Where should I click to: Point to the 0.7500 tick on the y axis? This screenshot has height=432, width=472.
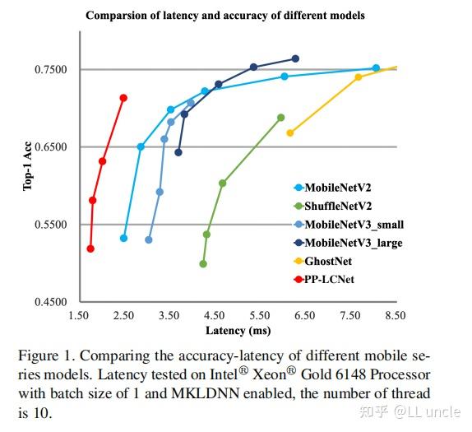pyautogui.click(x=52, y=70)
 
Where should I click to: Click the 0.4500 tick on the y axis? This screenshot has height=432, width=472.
pyautogui.click(x=52, y=302)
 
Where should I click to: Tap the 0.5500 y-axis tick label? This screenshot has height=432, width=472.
pyautogui.click(x=52, y=225)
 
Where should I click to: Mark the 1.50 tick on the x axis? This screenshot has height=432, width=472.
pyautogui.click(x=78, y=315)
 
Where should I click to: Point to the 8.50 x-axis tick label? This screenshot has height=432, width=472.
pyautogui.click(x=396, y=315)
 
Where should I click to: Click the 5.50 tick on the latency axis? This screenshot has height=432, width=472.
pyautogui.click(x=260, y=315)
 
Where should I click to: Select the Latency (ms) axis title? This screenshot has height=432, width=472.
pyautogui.click(x=237, y=330)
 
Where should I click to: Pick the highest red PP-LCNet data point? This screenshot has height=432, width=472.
pyautogui.click(x=123, y=98)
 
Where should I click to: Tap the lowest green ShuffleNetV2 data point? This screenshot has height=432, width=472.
pyautogui.click(x=203, y=264)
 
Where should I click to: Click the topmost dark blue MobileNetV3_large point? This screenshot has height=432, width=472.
pyautogui.click(x=295, y=58)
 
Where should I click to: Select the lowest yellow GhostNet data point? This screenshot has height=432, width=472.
pyautogui.click(x=290, y=132)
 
